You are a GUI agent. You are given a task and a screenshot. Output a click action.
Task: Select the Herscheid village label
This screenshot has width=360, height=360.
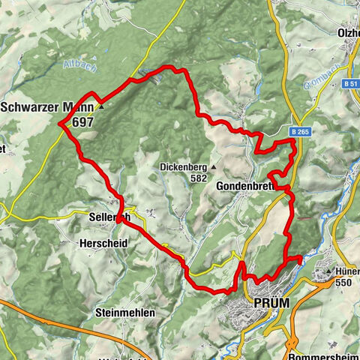coord(103,243)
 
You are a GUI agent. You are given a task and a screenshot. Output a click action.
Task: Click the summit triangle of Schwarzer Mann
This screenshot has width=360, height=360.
coord(100,106)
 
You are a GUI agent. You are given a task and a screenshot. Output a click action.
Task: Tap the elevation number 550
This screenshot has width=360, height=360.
coord(344,283)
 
